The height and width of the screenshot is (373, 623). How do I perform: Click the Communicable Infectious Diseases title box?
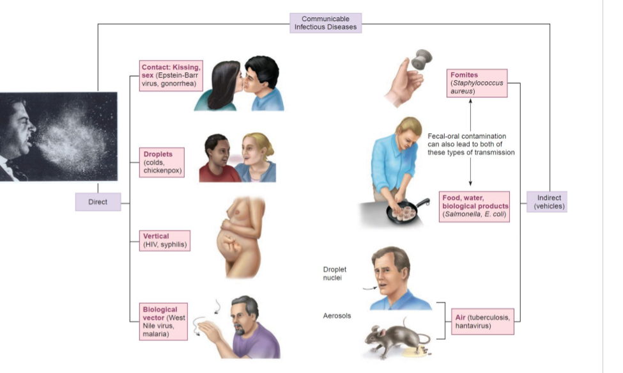pyautogui.click(x=325, y=22)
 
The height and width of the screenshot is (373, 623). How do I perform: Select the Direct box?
pyautogui.click(x=98, y=202)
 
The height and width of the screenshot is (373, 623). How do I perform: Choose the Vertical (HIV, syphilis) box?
pyautogui.click(x=165, y=240)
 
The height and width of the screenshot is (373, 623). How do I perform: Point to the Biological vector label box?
pyautogui.click(x=165, y=321)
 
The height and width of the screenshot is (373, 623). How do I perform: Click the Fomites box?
pyautogui.click(x=477, y=83)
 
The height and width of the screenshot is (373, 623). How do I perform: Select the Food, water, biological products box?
pyautogui.click(x=474, y=206)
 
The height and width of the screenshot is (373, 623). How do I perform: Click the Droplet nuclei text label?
pyautogui.click(x=335, y=274)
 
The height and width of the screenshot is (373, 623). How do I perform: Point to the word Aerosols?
pyautogui.click(x=337, y=315)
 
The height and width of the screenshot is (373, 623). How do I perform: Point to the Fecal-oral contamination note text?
pyautogui.click(x=470, y=145)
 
